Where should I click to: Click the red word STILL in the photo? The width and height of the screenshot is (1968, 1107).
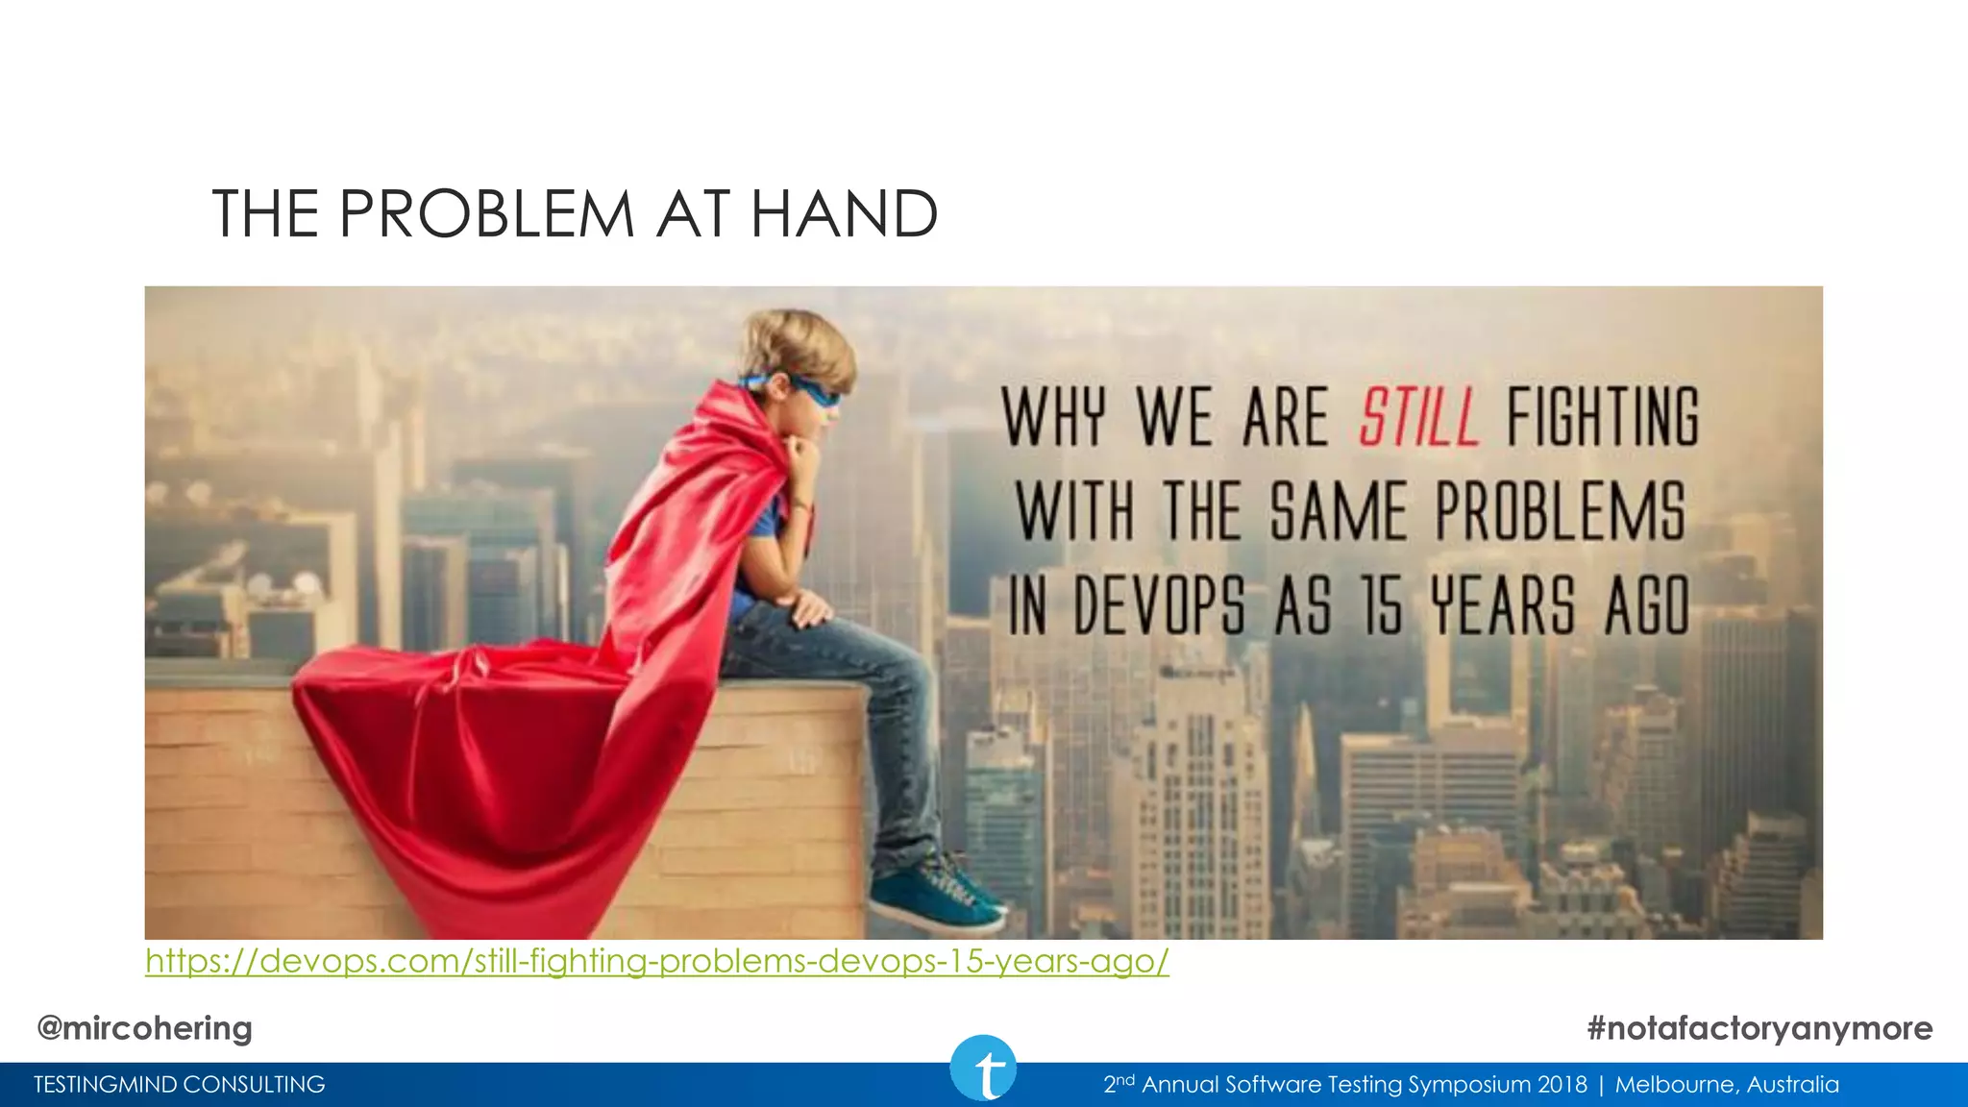[x=1418, y=417]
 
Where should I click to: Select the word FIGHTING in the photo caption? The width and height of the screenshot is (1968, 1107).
[x=1602, y=417]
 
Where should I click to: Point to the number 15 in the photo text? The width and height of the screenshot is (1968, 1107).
[x=1381, y=605]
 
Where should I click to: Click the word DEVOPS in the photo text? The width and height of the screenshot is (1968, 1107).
[x=1159, y=605]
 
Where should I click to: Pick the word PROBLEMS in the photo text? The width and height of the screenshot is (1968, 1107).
[x=1560, y=511]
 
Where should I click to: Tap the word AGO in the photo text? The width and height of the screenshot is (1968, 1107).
[x=1646, y=605]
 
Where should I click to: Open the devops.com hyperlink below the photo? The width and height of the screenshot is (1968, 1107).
[x=656, y=960]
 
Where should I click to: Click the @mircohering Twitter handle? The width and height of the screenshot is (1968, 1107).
[x=144, y=1028]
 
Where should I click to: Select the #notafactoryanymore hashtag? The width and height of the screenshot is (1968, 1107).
[x=1759, y=1028]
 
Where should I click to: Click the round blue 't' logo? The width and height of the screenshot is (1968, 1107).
[x=983, y=1069]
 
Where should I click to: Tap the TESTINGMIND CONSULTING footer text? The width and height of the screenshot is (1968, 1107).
[x=180, y=1085]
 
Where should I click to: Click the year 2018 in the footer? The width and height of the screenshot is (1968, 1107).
[x=1562, y=1085]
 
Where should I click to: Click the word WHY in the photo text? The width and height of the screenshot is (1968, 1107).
[x=1054, y=417]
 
